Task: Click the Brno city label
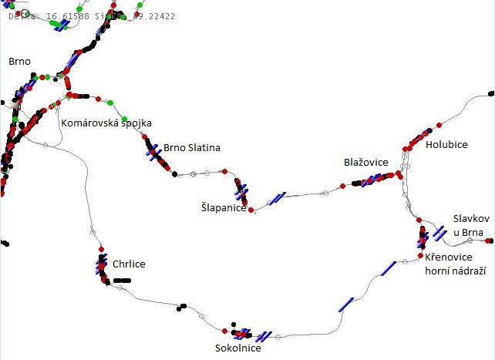pos(19,60)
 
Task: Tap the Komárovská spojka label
pos(106,123)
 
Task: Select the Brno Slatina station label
pos(192,148)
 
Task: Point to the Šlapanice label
pos(223,208)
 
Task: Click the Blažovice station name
pos(366,163)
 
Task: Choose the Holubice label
pos(446,144)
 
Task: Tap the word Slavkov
pos(471,219)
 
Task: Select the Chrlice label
pos(129,264)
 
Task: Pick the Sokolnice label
pos(237,348)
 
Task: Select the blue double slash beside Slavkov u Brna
pos(439,232)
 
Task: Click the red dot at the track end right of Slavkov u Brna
pos(490,241)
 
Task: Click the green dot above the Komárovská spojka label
pos(109,102)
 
